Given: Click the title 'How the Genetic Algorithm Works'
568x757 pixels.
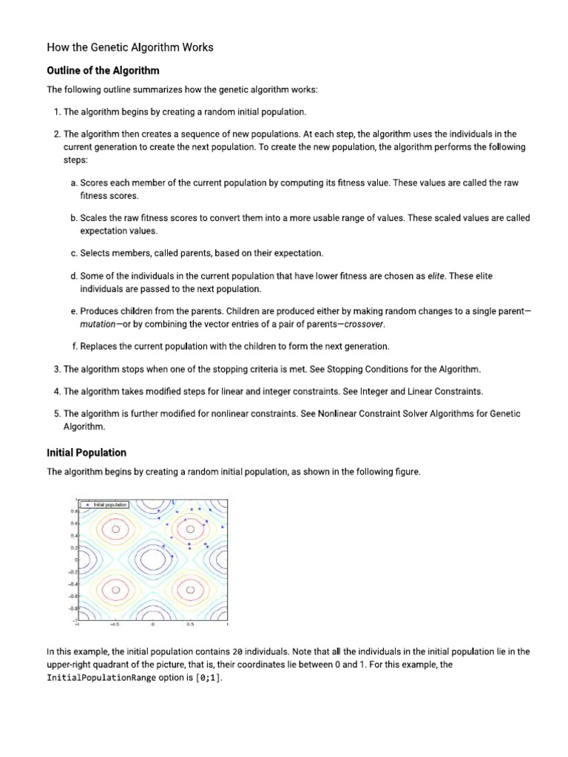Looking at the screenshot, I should click(130, 47).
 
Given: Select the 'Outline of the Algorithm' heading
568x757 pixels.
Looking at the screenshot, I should click(103, 71).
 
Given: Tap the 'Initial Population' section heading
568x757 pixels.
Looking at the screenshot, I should click(87, 452).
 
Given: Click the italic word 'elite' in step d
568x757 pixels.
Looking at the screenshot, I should click(438, 276).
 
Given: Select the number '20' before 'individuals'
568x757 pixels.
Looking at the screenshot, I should click(237, 652).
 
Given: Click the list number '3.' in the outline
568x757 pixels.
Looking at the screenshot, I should click(57, 369).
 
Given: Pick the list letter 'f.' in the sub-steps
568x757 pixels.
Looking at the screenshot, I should click(74, 346).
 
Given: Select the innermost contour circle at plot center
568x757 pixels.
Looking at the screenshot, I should click(152, 560).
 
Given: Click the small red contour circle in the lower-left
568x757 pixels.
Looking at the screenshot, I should click(115, 590).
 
